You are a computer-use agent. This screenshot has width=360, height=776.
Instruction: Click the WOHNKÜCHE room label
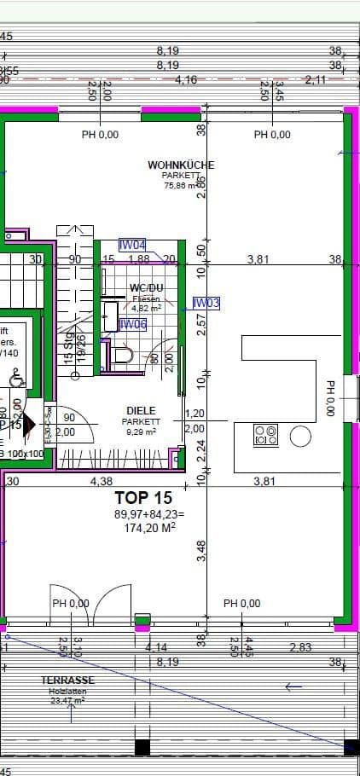pos(181,165)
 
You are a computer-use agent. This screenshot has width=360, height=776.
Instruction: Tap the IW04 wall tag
pos(132,245)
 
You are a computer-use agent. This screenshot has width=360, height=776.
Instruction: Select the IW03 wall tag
pos(206,303)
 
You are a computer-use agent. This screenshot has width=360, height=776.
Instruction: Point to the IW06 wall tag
pos(132,324)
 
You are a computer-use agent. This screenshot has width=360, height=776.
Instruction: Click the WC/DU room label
pos(146,288)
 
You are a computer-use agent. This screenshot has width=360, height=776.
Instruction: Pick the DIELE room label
pos(141,410)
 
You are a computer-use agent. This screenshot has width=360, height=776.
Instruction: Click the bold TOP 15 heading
pos(143,497)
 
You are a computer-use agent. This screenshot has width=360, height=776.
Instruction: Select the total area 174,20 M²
pos(144,527)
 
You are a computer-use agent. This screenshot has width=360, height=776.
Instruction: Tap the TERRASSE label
pos(67,680)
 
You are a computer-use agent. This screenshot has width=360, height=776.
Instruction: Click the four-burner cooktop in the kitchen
pos(265,436)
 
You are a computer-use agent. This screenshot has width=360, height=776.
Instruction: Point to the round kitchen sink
pos(301,437)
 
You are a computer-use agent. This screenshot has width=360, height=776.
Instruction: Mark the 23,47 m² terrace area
pos(67,700)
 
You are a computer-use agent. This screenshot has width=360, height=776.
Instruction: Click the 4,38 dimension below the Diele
pos(102,482)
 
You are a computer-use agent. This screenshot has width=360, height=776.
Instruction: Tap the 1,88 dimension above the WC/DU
pos(138,259)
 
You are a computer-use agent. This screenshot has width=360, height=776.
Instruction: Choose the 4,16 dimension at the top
pos(186,79)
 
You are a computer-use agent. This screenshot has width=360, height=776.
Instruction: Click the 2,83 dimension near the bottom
pos(299,648)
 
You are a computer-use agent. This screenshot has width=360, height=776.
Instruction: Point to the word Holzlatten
pos(67,691)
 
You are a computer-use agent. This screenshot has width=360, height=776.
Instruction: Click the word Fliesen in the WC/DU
pos(147,298)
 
